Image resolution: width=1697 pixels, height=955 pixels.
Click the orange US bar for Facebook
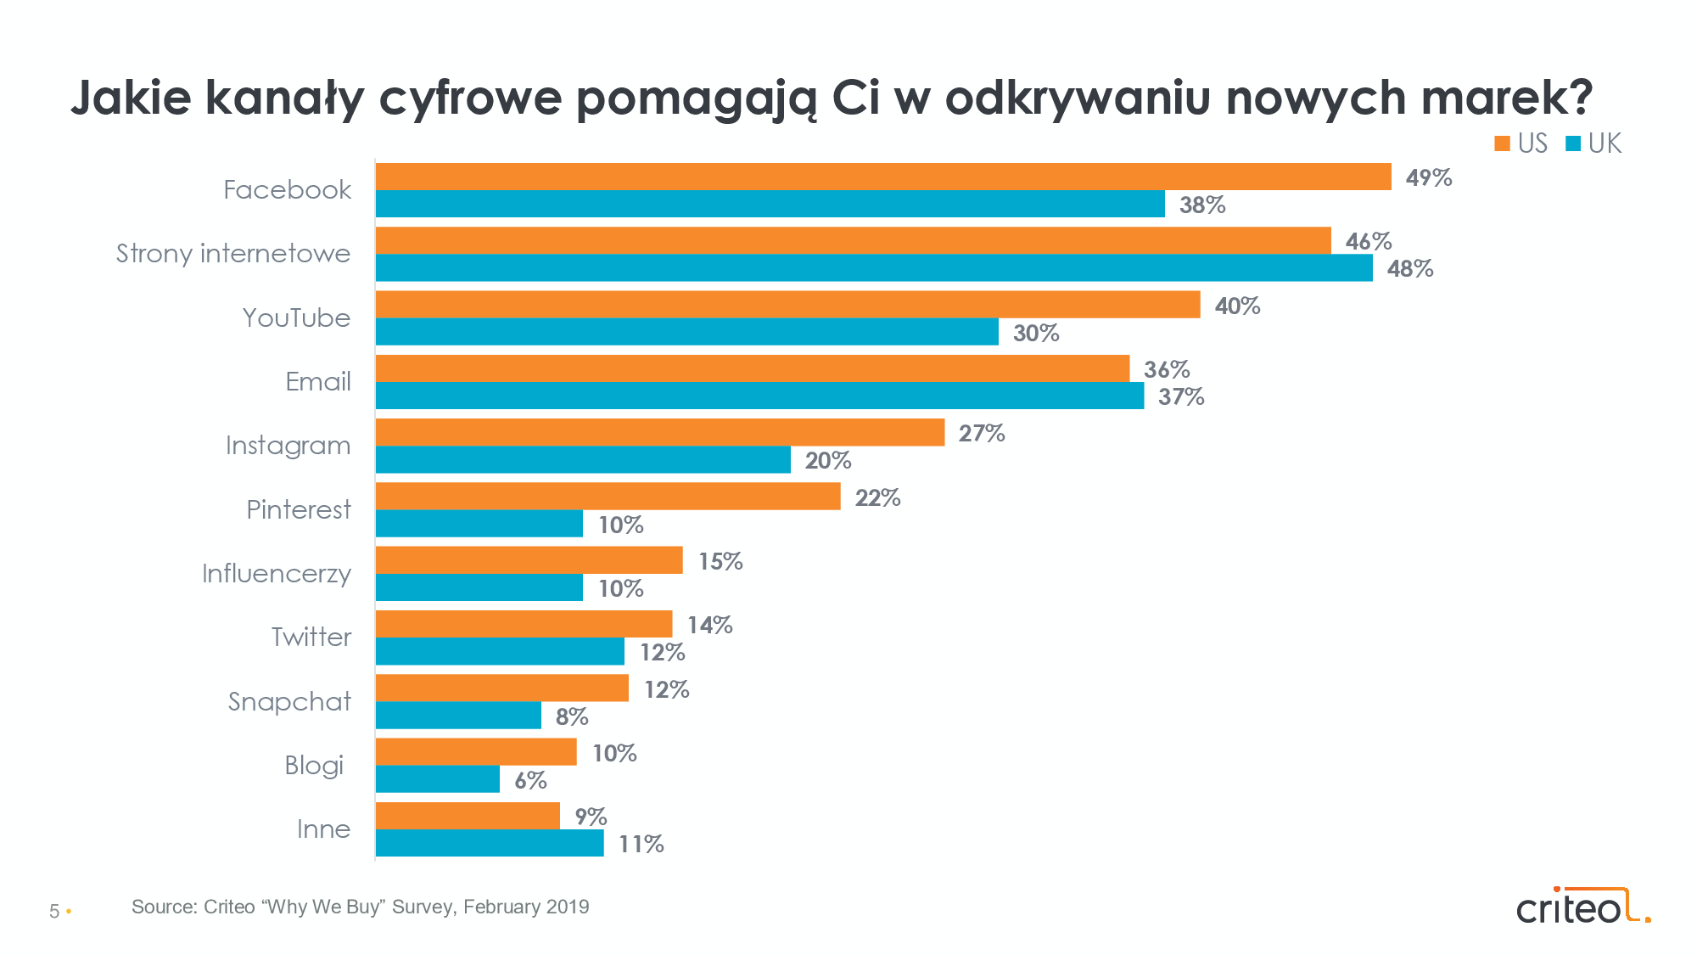tap(882, 177)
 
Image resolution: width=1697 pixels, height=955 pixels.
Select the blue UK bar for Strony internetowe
tap(874, 268)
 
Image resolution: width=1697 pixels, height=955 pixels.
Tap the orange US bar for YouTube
tap(787, 305)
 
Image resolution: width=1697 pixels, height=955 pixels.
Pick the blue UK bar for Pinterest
tap(479, 524)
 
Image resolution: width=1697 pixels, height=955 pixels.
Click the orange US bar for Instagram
tap(660, 432)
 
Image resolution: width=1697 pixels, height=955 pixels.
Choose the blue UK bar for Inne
tap(490, 843)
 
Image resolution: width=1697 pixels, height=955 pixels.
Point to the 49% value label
tap(1429, 177)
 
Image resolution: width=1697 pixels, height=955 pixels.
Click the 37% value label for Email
tap(1181, 396)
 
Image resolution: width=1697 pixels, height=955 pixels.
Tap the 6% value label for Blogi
tap(530, 780)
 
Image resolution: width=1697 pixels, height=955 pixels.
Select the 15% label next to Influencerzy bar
tap(720, 561)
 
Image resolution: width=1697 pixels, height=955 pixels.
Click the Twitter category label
tap(311, 637)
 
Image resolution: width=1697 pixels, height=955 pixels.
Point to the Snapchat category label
tap(289, 701)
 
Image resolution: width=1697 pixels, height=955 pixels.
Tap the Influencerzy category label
tap(276, 574)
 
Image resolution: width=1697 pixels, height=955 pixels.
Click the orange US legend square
tap(1502, 143)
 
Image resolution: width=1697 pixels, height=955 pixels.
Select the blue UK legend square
tap(1573, 143)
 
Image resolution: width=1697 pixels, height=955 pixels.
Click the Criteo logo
tap(1582, 907)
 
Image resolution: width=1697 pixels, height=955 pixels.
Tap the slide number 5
tap(54, 912)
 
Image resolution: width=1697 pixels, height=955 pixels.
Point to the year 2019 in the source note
tap(568, 907)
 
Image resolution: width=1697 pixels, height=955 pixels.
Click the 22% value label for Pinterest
tap(877, 497)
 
